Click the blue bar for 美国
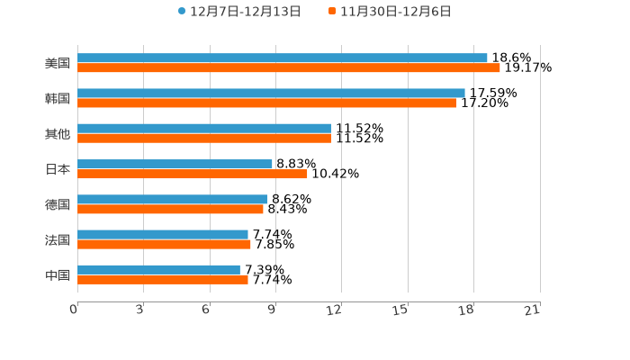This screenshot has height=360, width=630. [x=283, y=58]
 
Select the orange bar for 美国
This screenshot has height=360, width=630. [x=289, y=67]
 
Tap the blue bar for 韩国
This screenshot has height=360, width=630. [x=271, y=93]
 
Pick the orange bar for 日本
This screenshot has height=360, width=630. [x=193, y=174]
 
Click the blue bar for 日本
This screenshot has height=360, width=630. [x=175, y=164]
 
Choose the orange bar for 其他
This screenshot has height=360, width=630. [x=204, y=138]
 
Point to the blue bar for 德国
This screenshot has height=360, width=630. [x=172, y=199]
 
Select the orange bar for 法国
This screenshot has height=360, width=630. [x=164, y=244]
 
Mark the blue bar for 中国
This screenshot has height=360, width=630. [x=158, y=269]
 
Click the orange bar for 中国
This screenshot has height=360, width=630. [x=163, y=279]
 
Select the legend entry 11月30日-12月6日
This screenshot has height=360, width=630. [x=395, y=12]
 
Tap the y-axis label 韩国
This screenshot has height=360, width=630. [x=58, y=98]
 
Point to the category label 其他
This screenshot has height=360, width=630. [x=58, y=133]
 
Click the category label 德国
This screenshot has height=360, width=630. [x=58, y=204]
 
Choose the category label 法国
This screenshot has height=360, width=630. [x=58, y=239]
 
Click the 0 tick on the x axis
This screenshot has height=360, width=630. [x=75, y=310]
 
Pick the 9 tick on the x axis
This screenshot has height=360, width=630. [x=272, y=310]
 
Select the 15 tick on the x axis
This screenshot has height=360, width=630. [x=401, y=310]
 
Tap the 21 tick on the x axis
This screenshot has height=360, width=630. [x=533, y=310]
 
